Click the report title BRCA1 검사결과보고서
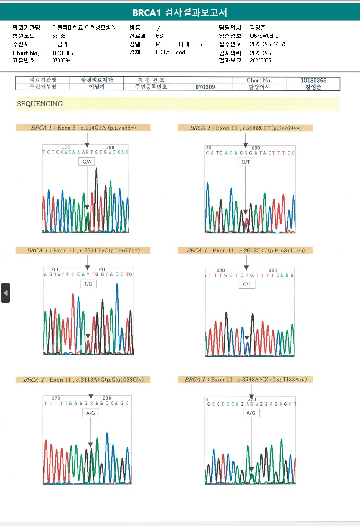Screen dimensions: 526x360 180,12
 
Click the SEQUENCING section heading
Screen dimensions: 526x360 40,104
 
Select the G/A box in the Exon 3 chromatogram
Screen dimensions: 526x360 87,162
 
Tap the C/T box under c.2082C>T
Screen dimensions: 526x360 246,162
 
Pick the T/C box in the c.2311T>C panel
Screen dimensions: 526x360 88,284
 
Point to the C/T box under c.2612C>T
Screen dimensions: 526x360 247,284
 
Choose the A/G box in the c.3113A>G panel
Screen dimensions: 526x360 91,413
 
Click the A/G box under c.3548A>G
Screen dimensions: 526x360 250,413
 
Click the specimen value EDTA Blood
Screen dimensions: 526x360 170,52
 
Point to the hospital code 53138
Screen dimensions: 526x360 59,36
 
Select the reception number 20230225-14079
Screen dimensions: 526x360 268,44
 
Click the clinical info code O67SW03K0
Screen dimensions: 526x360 264,36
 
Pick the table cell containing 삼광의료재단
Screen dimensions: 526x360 97,80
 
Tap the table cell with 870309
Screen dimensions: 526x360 205,87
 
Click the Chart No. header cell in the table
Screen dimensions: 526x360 259,80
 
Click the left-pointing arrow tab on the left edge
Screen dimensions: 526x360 6,293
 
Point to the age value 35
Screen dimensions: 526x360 199,44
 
